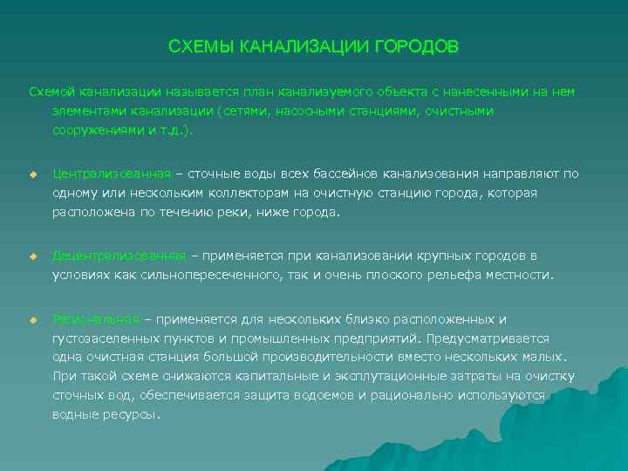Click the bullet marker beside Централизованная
33,174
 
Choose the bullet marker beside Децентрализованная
33,256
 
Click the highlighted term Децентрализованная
119,256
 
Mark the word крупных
454,256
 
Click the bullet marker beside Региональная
33,319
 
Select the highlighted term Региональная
96,318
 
